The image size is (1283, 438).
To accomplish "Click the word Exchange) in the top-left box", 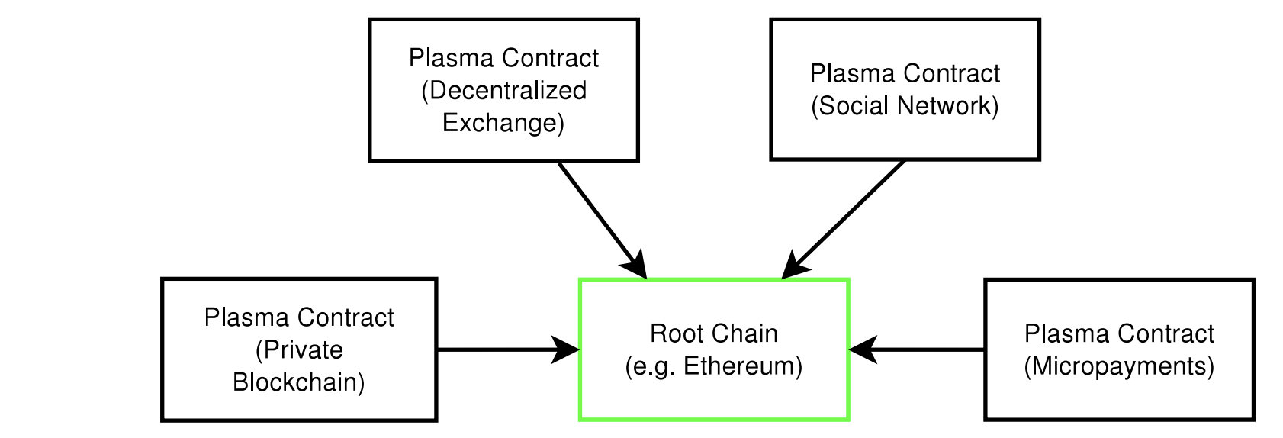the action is click(x=503, y=124).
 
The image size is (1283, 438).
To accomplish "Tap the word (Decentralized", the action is click(x=504, y=91).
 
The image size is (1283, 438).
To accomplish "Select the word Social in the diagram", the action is click(x=851, y=106).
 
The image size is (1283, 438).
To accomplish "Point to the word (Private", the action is click(x=299, y=350).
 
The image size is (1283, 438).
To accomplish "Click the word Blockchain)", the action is click(x=299, y=382).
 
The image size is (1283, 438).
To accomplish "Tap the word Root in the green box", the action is click(x=674, y=333).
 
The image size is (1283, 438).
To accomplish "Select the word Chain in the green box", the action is click(x=741, y=333).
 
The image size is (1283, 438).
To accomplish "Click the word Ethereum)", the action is click(x=743, y=366).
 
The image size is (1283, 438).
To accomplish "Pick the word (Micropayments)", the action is click(x=1119, y=366).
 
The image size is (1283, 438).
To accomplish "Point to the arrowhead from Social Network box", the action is click(x=794, y=266).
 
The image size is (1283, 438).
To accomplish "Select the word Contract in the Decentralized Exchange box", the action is click(x=551, y=59).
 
